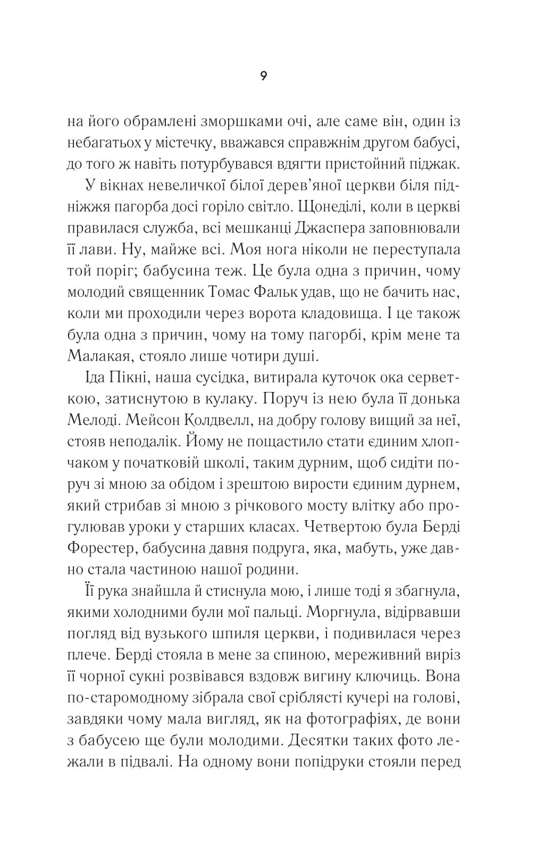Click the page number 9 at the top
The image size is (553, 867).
coord(264,76)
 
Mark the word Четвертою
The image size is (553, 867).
coord(362,526)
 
